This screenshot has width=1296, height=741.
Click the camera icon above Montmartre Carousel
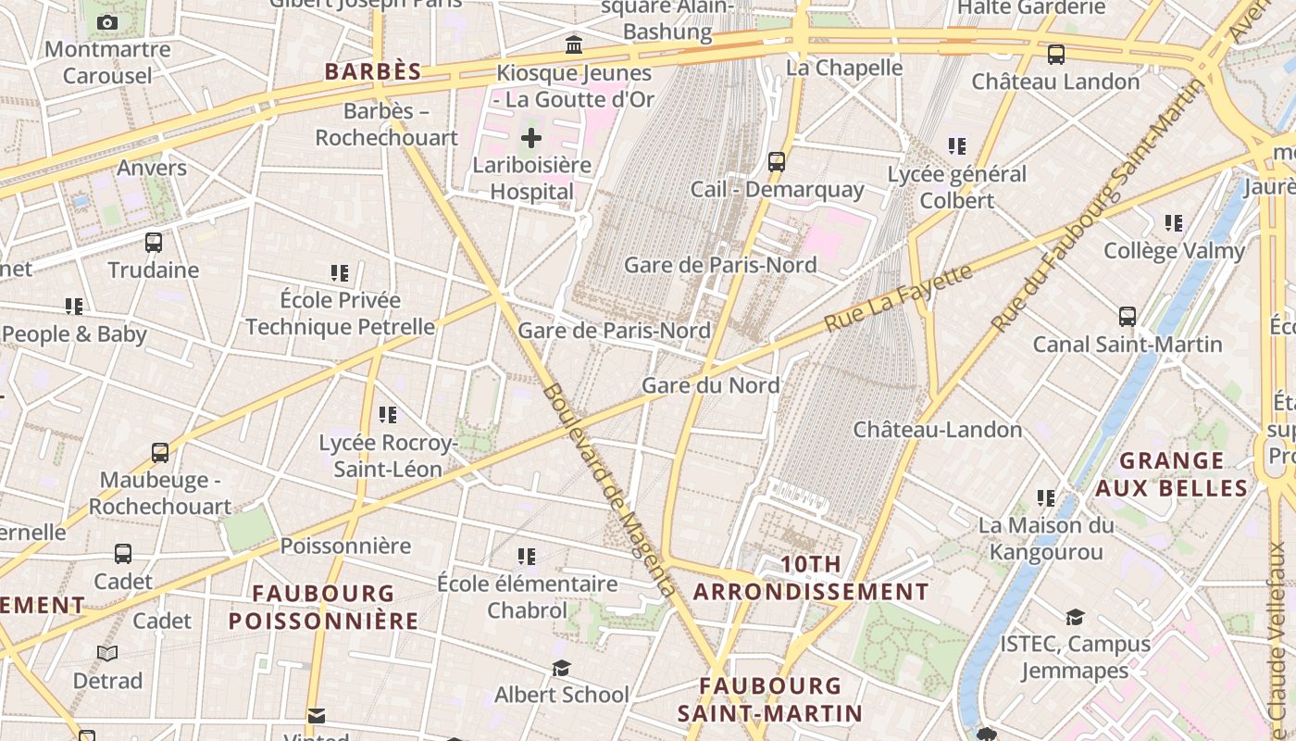(x=107, y=22)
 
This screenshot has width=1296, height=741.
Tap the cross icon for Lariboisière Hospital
(x=530, y=139)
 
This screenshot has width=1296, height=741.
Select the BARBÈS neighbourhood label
(x=373, y=71)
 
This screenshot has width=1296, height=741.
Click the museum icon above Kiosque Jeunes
(x=574, y=44)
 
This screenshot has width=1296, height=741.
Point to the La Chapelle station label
(x=844, y=68)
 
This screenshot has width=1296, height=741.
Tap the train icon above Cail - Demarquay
(x=777, y=162)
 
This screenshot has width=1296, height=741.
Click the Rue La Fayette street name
(x=898, y=297)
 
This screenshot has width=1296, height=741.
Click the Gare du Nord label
(x=711, y=384)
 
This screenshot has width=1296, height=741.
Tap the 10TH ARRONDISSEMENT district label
(x=812, y=578)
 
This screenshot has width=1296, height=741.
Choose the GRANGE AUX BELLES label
(x=1172, y=474)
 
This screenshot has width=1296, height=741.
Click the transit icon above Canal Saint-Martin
(x=1127, y=317)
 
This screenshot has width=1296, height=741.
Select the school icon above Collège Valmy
(x=1174, y=223)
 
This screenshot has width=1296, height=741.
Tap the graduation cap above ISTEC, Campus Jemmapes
(x=1075, y=617)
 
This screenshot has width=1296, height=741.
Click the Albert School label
(x=561, y=695)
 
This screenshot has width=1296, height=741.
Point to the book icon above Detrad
(x=107, y=654)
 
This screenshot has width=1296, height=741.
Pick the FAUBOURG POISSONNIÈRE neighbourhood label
(x=324, y=607)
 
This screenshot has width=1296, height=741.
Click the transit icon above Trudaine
(x=154, y=243)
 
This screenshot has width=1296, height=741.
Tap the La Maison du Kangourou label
(x=1046, y=538)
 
